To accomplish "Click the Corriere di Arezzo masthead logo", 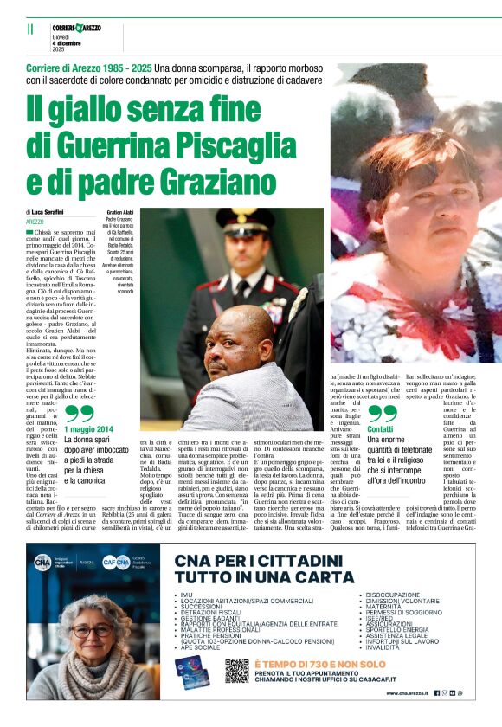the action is coord(77,29).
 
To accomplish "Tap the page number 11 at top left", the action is coord(30,29).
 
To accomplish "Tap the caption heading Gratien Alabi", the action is coord(120,212).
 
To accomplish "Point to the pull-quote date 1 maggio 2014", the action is coord(87,428).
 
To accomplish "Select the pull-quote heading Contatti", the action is coord(380,429).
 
